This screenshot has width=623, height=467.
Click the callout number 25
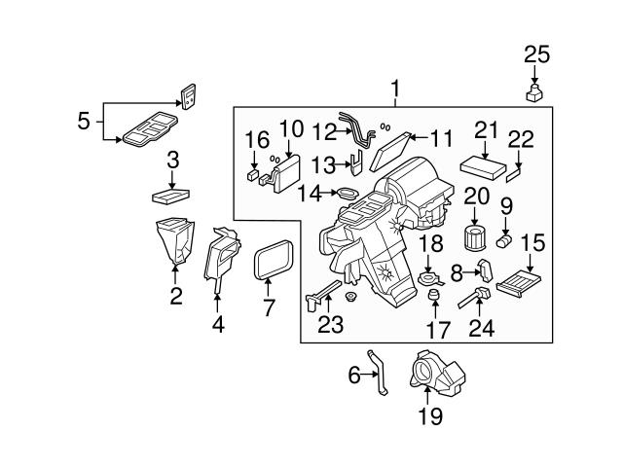tap(532, 54)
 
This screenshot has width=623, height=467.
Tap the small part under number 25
tap(532, 93)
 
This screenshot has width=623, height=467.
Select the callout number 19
tap(429, 416)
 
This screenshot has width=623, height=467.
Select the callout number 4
tap(218, 325)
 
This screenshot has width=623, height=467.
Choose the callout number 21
tap(486, 130)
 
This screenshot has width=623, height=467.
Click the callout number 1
tap(394, 90)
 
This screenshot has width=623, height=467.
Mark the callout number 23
tap(331, 325)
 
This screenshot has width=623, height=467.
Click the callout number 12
tap(324, 130)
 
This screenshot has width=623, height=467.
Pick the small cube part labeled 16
tap(253, 176)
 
